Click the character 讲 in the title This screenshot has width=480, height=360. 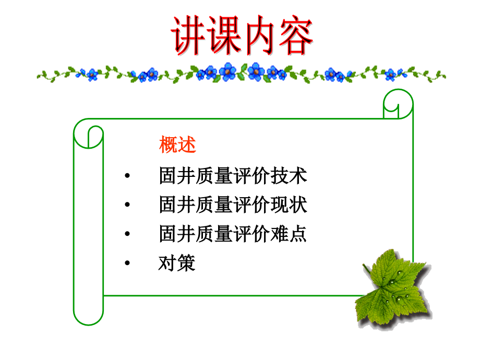pyautogui.click(x=188, y=36)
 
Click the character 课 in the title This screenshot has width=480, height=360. pyautogui.click(x=223, y=36)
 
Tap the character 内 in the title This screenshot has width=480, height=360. pyautogui.click(x=259, y=36)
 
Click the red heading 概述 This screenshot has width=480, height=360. pyautogui.click(x=177, y=145)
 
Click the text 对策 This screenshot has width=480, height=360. pyautogui.click(x=177, y=263)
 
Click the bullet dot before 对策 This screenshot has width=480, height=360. pyautogui.click(x=127, y=264)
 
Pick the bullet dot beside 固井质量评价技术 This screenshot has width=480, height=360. pyautogui.click(x=127, y=176)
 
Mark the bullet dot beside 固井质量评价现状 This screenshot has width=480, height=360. pyautogui.click(x=127, y=206)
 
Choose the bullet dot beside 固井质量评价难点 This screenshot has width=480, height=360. pyautogui.click(x=127, y=235)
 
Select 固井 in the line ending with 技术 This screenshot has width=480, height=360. pyautogui.click(x=177, y=176)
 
